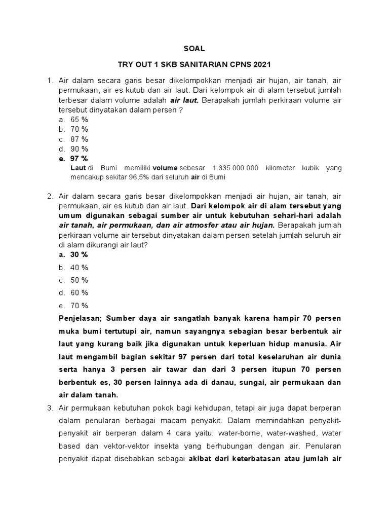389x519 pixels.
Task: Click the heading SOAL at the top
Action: pos(194,49)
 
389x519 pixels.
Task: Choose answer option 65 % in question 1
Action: pos(79,120)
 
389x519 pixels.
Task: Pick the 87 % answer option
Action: pos(79,139)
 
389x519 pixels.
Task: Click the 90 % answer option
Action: pos(79,149)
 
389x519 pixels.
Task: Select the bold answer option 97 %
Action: pos(79,159)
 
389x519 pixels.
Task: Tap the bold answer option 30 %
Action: pos(79,254)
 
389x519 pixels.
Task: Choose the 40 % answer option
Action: pos(79,267)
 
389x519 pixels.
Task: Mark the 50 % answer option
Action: pos(79,280)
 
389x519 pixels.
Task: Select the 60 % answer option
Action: pos(79,292)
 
